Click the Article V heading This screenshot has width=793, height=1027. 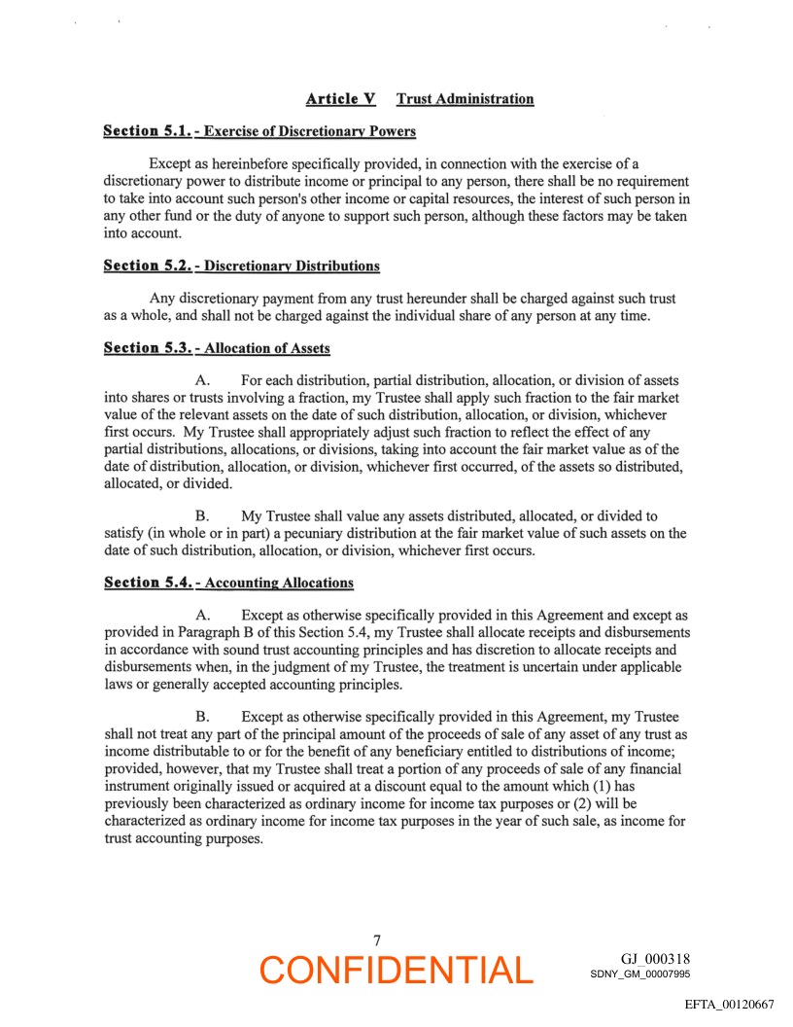tap(340, 99)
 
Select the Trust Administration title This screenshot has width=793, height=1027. tap(465, 99)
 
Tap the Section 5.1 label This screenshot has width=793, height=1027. tap(145, 131)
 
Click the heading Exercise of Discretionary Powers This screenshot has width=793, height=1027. tap(310, 131)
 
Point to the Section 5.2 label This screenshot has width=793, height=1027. tap(145, 266)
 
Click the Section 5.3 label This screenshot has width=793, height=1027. tap(145, 348)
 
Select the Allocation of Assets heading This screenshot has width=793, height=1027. tap(267, 348)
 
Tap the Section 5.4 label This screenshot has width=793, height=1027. tap(145, 583)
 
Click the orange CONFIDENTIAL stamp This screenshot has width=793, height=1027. tap(396, 970)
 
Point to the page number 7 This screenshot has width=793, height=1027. tap(377, 939)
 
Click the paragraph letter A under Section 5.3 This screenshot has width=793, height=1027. tap(202, 380)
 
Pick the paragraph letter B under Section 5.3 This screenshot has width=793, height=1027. tap(202, 515)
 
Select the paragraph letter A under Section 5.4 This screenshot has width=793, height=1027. tap(202, 615)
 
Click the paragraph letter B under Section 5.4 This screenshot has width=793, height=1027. tap(202, 717)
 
